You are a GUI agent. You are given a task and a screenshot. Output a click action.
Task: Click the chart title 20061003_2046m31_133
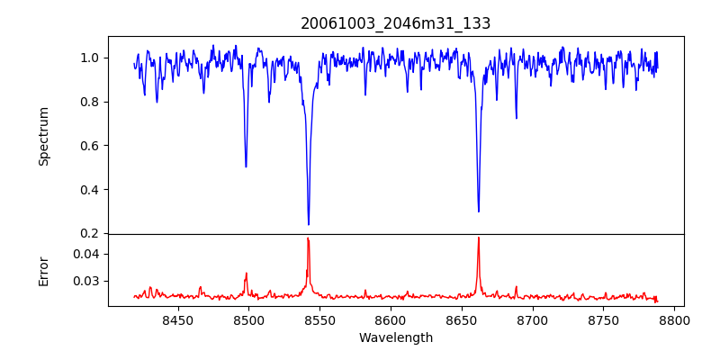(396, 23)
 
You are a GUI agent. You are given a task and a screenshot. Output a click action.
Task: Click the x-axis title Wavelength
(396, 337)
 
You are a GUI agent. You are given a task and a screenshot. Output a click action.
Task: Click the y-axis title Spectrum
(44, 136)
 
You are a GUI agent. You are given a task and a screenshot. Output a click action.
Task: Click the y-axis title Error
(44, 271)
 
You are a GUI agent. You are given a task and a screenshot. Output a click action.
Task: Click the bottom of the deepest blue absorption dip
(309, 224)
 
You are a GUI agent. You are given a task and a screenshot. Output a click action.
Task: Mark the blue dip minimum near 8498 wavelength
(246, 166)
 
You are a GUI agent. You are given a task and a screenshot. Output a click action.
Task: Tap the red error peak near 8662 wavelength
(479, 238)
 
